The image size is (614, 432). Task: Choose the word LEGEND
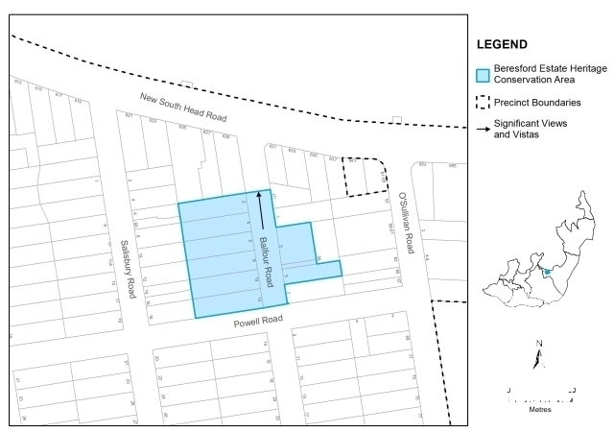tap(504, 45)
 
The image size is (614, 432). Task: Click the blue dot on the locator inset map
tap(547, 273)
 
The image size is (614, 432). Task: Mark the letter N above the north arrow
tap(540, 343)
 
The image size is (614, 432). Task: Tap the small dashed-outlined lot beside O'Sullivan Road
tap(366, 176)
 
